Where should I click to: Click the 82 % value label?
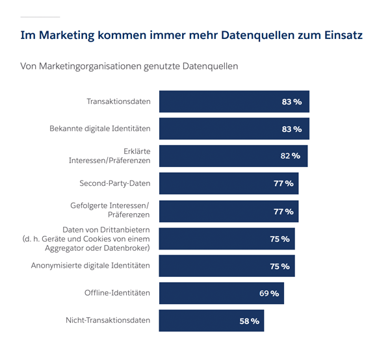(290, 156)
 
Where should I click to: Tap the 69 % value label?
(269, 293)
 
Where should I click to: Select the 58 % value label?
(249, 320)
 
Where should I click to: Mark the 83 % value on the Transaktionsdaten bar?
(292, 102)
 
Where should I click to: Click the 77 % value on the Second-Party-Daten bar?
(283, 184)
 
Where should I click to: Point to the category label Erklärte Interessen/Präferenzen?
(110, 156)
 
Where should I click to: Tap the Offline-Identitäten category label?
(117, 293)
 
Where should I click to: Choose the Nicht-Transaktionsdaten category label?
(108, 320)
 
